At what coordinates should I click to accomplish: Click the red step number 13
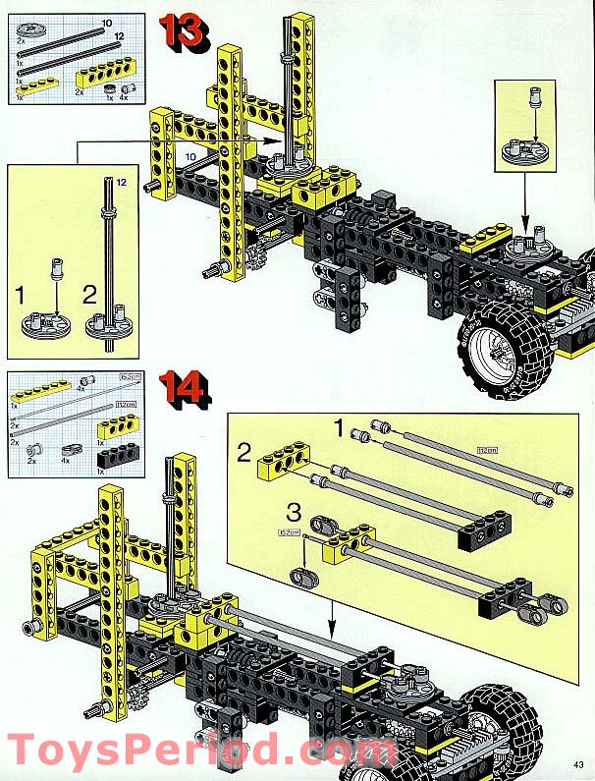pos(184,32)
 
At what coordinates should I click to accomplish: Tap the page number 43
pos(579,767)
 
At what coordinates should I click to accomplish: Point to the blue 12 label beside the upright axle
pos(122,182)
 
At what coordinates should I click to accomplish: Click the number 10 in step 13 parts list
pos(106,22)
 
